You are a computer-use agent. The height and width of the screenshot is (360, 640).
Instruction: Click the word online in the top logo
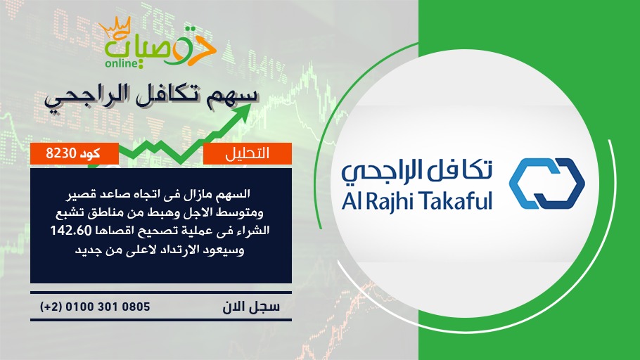(122, 63)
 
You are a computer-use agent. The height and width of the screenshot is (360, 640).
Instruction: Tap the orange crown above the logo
(115, 27)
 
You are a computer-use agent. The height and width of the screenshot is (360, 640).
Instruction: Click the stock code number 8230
(60, 153)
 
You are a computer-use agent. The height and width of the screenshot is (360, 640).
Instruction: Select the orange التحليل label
(248, 153)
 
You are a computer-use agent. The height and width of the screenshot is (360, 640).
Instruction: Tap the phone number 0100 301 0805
(108, 307)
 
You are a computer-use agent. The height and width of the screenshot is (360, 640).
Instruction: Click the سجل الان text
(251, 307)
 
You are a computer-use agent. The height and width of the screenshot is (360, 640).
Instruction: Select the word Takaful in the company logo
(456, 200)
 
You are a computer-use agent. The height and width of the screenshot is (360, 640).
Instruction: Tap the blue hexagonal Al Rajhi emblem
(547, 184)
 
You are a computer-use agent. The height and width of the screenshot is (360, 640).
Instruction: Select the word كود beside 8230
(90, 153)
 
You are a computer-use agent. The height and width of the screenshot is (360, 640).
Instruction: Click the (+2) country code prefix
(51, 307)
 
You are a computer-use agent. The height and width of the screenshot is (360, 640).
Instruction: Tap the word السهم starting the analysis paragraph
(235, 193)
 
